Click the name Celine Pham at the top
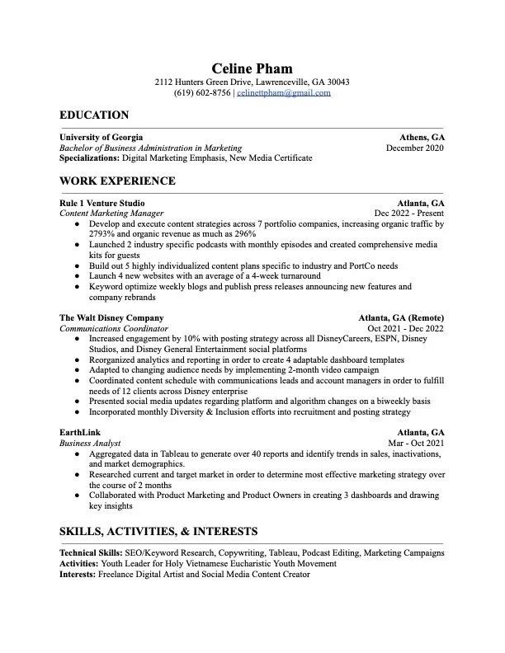(252, 68)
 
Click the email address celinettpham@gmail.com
(283, 93)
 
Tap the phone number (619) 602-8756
(202, 93)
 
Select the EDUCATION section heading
(94, 115)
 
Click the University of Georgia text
(101, 137)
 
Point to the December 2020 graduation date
(414, 148)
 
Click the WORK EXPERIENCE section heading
(117, 181)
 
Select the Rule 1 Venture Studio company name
(101, 203)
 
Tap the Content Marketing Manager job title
(111, 213)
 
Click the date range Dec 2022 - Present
(409, 213)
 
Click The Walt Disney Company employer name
(111, 317)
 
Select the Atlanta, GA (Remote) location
(401, 317)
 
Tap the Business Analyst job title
(90, 443)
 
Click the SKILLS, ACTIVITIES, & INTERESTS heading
(158, 532)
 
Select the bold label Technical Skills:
(91, 552)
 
